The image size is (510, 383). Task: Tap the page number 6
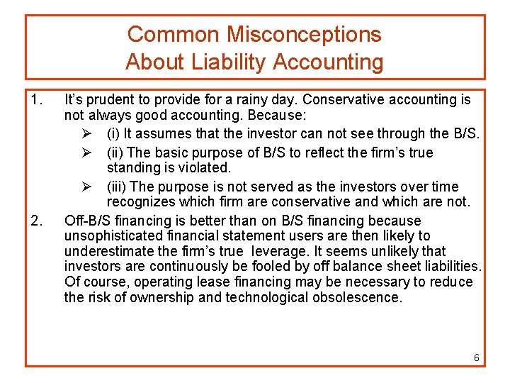[477, 357]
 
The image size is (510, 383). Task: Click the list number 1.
[37, 100]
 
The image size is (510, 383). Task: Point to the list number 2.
[37, 221]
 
